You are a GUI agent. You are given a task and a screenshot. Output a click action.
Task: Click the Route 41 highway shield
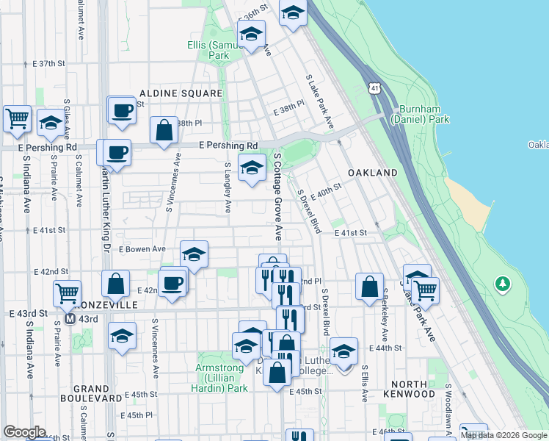coord(375,88)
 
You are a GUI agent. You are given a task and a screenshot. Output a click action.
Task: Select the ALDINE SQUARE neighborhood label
coord(181,94)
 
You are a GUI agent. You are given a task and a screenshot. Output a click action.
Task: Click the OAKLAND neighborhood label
coord(374,173)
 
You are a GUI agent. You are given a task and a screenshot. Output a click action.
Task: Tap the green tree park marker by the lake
coord(503,283)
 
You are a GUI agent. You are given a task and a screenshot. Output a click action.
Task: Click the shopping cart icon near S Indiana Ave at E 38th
coord(16,118)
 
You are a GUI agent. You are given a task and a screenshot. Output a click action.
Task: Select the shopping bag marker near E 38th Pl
coord(164,130)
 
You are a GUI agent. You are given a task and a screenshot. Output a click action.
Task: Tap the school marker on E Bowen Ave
coord(194,255)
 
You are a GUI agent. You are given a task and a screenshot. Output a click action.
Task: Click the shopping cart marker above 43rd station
coord(67,293)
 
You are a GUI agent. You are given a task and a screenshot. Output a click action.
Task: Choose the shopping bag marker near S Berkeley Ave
coord(370,285)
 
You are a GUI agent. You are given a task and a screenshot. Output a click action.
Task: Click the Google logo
coord(24,432)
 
